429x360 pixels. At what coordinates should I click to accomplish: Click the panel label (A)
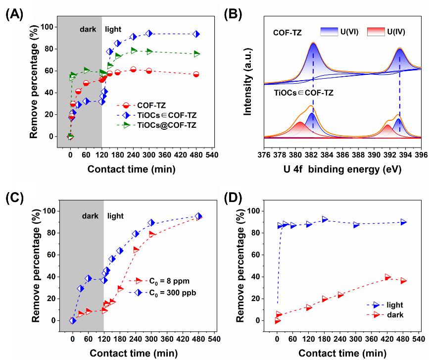click(13, 13)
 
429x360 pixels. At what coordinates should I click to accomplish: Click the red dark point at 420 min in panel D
click(388, 277)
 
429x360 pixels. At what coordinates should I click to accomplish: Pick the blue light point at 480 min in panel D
click(404, 222)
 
